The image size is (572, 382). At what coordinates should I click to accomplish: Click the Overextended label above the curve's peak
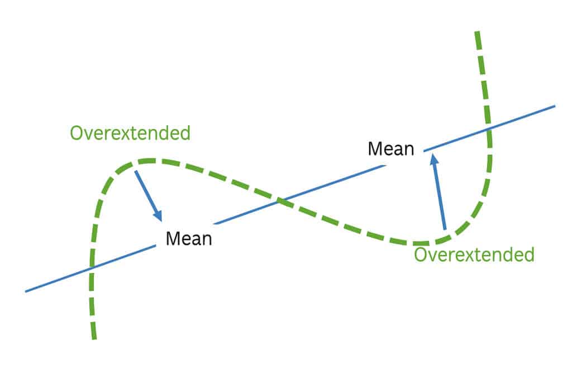point(130,133)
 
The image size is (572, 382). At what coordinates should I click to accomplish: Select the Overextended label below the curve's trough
point(474,254)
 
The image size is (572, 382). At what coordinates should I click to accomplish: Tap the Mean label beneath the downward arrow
point(189,239)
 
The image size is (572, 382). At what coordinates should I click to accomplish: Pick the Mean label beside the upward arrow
point(391,149)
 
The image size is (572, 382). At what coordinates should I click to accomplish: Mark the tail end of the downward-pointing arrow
point(136,171)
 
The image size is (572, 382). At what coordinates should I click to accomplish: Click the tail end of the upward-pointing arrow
point(445,229)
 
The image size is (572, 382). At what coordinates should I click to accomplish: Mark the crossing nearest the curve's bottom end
point(92,268)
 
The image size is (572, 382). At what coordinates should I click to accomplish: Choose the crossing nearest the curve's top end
point(488,129)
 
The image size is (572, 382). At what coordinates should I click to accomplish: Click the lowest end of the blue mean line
point(26,291)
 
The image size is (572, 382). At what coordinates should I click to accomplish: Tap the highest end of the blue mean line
point(555,106)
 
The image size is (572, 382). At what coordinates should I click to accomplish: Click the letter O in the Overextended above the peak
point(77,133)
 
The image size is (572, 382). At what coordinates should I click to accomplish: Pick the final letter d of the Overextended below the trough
point(530,254)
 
